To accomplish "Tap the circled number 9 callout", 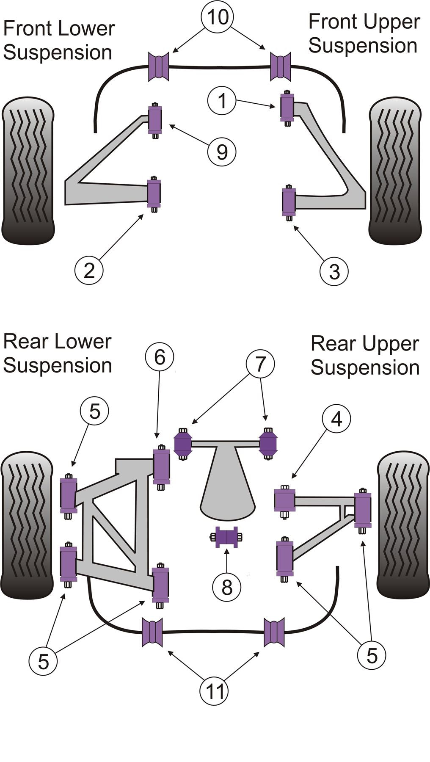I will [222, 152].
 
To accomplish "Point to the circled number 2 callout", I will [89, 270].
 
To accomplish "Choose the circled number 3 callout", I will [334, 271].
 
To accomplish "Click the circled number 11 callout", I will [214, 691].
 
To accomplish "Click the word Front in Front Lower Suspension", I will [28, 29].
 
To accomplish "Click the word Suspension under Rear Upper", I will [365, 367].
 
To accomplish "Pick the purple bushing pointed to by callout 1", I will [287, 107].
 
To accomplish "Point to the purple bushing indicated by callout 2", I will [154, 193].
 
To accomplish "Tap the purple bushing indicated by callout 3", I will [289, 202].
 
